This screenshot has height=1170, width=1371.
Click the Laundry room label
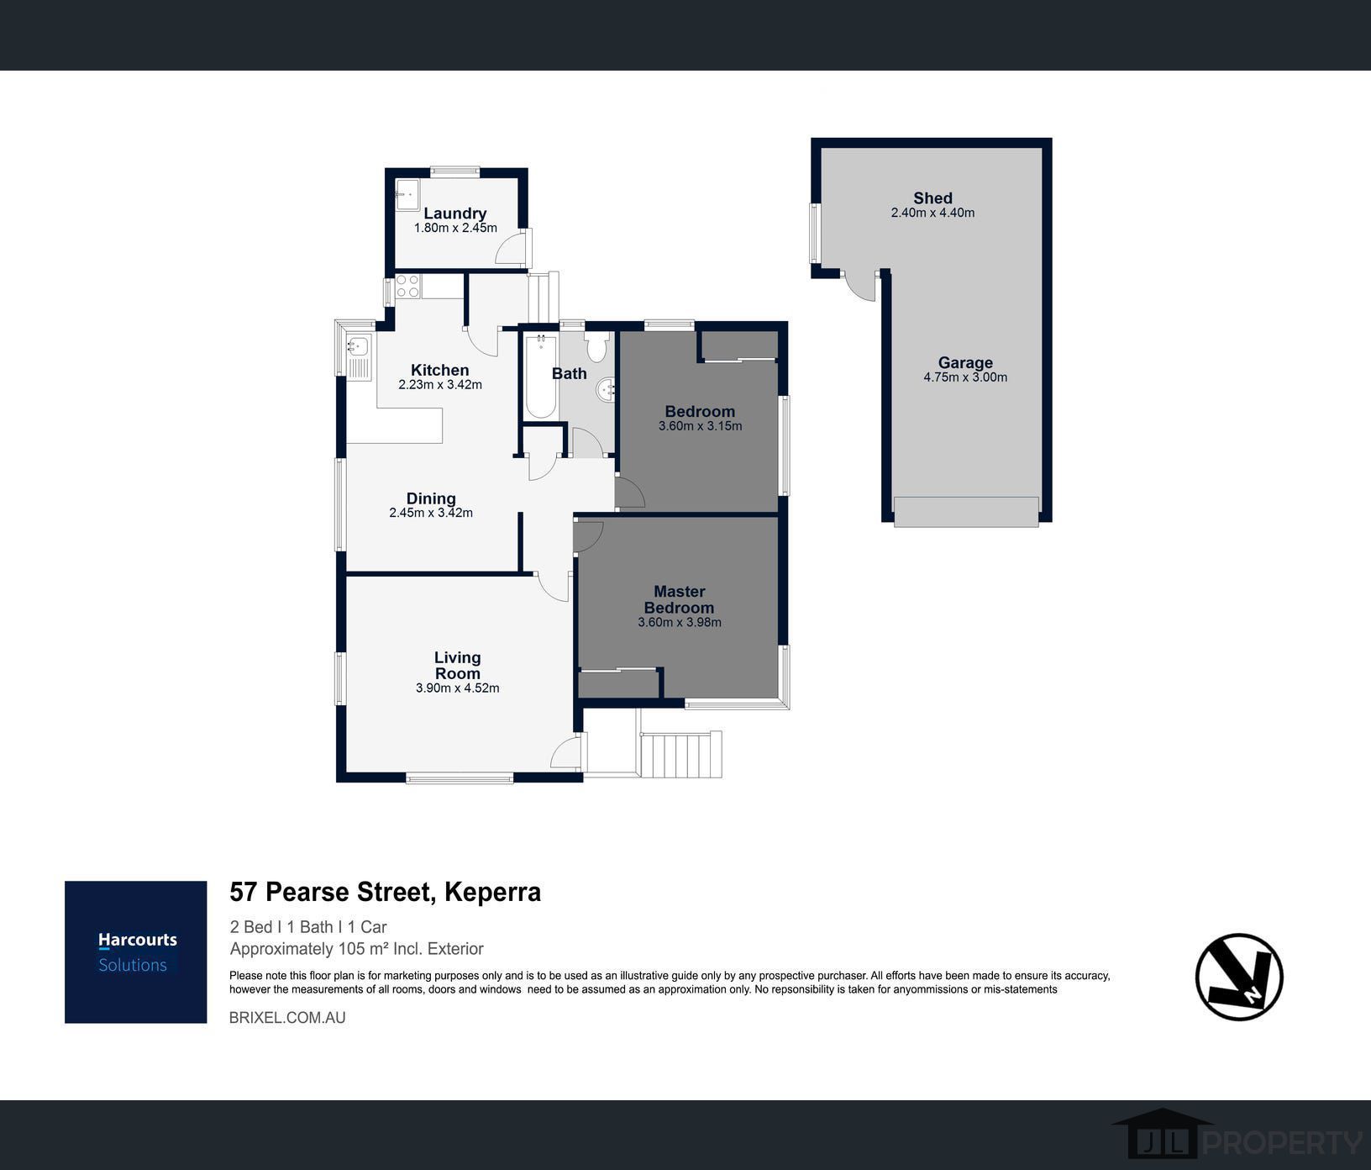[x=454, y=213]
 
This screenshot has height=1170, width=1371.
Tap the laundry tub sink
[x=407, y=195]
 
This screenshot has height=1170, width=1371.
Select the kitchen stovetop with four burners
[x=408, y=287]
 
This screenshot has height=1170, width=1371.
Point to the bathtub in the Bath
[x=540, y=376]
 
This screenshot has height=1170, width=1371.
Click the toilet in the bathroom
[x=597, y=346]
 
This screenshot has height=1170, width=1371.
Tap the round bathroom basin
[x=607, y=389]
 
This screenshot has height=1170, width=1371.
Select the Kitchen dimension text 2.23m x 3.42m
[x=440, y=385]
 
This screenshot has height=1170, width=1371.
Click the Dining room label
[x=431, y=498]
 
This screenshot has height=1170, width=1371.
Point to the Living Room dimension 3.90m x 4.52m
[x=458, y=688]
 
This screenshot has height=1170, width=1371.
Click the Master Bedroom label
[x=680, y=599]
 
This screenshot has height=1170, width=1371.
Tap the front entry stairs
[x=680, y=755]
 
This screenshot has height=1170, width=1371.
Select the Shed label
[x=933, y=198]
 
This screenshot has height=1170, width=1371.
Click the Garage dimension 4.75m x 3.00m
[x=965, y=377]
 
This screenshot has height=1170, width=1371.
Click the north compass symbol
[x=1239, y=977]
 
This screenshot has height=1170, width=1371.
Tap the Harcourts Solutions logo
[x=136, y=952]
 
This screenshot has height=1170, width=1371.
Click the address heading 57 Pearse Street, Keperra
[x=386, y=892]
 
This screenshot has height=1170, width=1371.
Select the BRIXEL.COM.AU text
[x=287, y=1018]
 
